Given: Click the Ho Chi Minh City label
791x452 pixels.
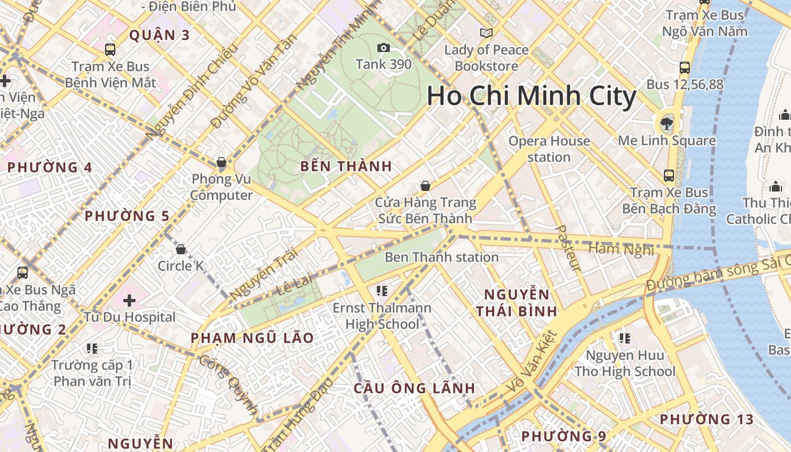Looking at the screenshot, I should pos(531,96).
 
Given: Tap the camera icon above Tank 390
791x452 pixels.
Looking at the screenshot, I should pos(384,48).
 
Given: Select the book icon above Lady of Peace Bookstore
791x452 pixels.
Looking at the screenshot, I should pos(486,33).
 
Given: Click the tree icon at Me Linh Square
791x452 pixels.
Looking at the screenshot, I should pos(667,123).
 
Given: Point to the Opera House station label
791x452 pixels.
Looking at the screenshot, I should pos(549,149).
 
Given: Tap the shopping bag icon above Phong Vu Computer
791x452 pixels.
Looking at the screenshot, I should pos(221,163).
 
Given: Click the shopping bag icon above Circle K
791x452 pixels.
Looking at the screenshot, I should pos(181,249).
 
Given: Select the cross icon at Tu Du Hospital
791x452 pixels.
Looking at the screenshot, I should pos(129,301).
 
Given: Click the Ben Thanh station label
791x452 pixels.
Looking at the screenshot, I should pos(441,257).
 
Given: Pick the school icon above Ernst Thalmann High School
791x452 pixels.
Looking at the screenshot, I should pos(381,291).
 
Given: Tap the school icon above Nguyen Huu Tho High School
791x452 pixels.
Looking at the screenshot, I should pos(624,338).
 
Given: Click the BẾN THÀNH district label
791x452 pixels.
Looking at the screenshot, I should pos(346,166).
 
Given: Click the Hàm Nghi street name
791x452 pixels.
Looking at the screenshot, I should pos(621,249).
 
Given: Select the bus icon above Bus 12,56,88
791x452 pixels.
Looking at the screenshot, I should pos(685,68).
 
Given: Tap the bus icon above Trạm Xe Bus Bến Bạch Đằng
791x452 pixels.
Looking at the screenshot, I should pos(669,175).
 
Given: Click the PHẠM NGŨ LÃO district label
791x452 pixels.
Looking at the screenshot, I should pos(251,338).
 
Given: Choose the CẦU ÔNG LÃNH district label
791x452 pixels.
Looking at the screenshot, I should pos(414,388).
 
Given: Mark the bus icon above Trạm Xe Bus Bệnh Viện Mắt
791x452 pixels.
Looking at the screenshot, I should pos(110,50).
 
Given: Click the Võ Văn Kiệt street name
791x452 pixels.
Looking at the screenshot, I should pos(533,362).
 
